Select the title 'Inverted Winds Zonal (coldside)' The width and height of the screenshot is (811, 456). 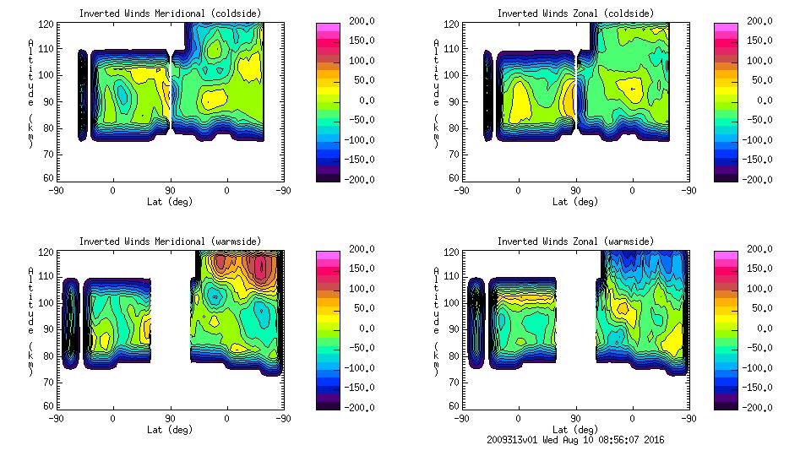click(x=575, y=13)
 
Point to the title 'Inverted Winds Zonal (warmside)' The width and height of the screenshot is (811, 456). click(x=575, y=241)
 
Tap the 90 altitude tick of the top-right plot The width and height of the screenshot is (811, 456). click(x=454, y=100)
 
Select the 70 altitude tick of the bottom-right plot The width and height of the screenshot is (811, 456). click(x=454, y=382)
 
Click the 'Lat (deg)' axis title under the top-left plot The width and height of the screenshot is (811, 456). click(x=171, y=202)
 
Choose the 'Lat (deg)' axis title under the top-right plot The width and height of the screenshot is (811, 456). click(x=576, y=202)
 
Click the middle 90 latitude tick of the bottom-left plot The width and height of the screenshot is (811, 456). click(x=170, y=418)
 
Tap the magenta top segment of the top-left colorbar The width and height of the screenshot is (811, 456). click(x=328, y=27)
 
